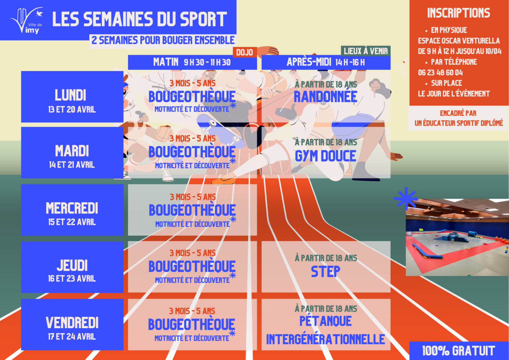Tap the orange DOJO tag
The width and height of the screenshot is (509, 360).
coord(245,52)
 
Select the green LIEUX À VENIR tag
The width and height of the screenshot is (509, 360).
coord(366,51)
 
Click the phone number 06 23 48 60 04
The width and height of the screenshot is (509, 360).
coord(440,73)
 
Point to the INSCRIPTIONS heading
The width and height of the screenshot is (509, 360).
coord(459,13)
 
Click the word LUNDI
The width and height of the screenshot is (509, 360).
coord(70,95)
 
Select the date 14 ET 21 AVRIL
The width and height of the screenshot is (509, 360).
coord(72,165)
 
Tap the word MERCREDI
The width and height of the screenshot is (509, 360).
coord(72,208)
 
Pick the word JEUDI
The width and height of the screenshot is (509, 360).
coord(72,265)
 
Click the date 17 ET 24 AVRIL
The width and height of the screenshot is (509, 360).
coord(72,336)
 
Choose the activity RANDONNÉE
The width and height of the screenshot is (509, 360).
coord(326,97)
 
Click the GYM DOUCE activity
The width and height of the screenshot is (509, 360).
coord(326,156)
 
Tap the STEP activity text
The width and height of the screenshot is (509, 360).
coord(326,271)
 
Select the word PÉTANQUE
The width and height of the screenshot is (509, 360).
coord(326,321)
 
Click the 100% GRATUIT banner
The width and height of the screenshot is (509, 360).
coord(459,351)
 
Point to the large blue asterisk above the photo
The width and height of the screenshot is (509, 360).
coord(406,198)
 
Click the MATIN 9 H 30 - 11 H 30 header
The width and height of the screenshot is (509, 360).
coord(192,62)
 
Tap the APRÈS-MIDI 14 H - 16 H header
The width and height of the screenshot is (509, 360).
coord(326,62)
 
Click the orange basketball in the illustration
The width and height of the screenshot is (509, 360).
coord(163,133)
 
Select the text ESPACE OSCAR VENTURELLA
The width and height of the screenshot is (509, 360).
coord(459,41)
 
